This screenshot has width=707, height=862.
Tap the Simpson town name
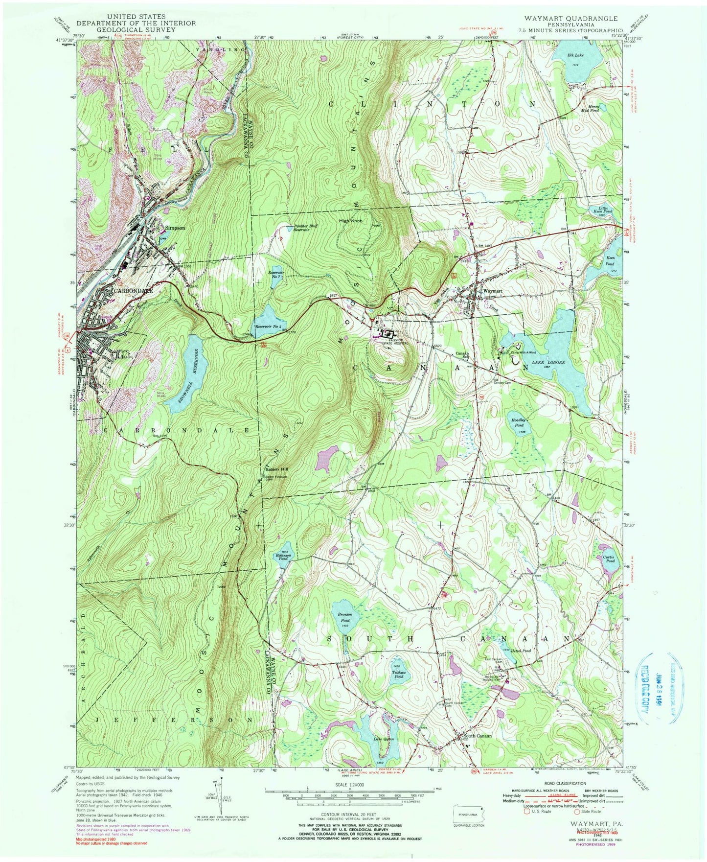[175, 228]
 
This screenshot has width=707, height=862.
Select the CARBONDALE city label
[133, 290]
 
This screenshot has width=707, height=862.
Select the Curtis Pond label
[609, 561]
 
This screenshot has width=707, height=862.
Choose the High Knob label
[351, 221]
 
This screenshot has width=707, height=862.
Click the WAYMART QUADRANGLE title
[570, 18]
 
